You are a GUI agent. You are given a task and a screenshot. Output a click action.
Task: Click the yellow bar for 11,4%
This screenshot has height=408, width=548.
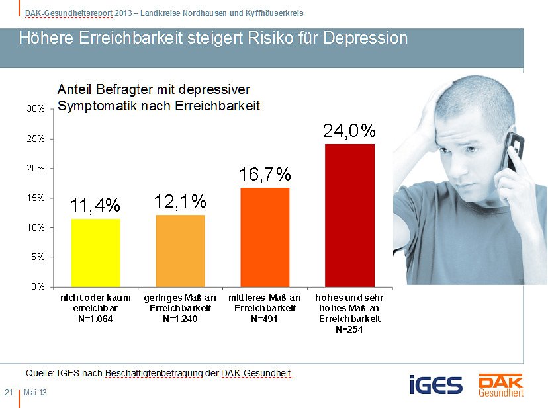click(95, 252)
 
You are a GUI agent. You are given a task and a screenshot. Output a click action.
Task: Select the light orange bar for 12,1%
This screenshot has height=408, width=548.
click(180, 250)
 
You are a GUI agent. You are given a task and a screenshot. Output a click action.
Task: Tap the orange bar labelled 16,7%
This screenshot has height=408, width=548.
click(265, 237)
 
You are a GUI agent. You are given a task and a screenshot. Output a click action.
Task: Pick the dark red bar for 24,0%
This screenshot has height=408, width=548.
click(349, 215)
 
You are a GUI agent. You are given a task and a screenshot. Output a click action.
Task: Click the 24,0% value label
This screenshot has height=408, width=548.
click(349, 131)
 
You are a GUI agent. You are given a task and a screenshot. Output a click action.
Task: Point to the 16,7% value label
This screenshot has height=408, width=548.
click(265, 175)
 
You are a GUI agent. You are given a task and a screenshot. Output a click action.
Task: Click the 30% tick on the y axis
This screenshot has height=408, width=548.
click(36, 109)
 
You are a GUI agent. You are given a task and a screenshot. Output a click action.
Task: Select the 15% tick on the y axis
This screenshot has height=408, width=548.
click(36, 198)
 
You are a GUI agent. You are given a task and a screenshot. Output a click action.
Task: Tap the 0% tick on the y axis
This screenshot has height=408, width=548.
click(38, 286)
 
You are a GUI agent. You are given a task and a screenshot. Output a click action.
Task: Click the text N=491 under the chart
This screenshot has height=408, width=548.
click(265, 319)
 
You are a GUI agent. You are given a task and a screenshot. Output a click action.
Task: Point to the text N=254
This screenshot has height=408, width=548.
click(349, 329)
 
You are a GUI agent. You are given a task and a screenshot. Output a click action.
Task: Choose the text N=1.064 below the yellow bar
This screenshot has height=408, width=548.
click(95, 319)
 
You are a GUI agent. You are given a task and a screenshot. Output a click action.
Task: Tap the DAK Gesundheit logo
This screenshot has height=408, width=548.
click(500, 386)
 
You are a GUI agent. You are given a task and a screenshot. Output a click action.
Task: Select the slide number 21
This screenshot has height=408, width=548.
click(9, 393)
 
